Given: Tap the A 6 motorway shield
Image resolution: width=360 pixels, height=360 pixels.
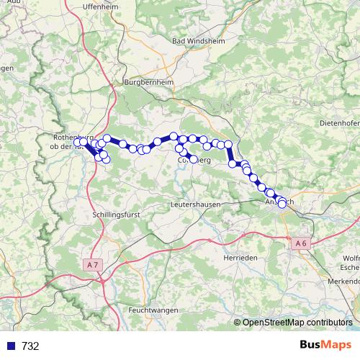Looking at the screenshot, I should tap(300, 244).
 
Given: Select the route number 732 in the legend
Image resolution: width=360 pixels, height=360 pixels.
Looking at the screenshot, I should tap(30, 346).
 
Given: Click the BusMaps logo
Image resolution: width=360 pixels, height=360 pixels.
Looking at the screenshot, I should tap(326, 345).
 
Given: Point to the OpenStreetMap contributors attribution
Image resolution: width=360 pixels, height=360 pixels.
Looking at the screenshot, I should tap(297, 323).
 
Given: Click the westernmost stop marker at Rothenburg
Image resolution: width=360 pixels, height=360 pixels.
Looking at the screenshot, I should tap(77, 143).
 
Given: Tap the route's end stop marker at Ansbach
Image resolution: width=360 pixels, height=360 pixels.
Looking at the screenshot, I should tap(282, 203).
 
